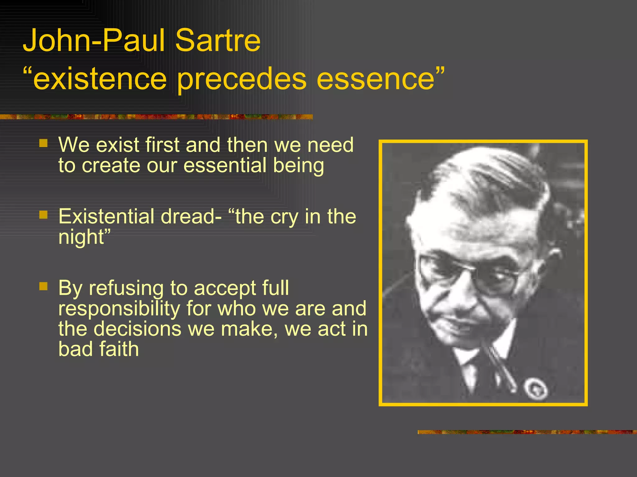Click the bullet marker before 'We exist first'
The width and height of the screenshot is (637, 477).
44,143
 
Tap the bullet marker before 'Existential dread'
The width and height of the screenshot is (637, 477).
44,215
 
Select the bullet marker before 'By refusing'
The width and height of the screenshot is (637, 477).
44,286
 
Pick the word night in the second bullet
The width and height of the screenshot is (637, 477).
81,237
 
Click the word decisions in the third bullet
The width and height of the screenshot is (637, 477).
137,329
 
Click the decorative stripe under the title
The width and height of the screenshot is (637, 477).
156,117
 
